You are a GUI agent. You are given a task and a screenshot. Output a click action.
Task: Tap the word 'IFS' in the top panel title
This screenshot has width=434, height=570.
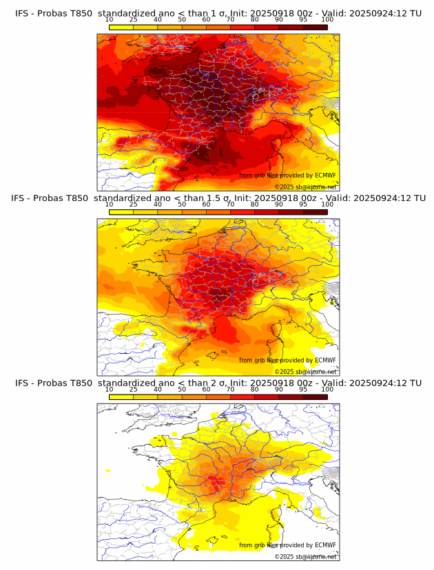point(23,13)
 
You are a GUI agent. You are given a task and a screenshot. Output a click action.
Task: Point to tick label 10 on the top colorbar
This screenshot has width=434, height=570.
point(110,20)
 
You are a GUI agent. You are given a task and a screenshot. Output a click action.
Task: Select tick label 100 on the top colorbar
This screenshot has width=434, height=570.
point(327,20)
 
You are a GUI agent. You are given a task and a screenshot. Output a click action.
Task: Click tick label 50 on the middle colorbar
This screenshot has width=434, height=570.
point(182,204)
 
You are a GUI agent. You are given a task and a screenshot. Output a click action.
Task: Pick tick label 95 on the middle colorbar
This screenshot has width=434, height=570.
point(303,204)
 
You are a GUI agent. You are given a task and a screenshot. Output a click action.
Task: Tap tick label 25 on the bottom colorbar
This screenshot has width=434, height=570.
point(134,390)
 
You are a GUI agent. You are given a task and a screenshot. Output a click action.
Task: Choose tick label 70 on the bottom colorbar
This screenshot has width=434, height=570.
point(230,390)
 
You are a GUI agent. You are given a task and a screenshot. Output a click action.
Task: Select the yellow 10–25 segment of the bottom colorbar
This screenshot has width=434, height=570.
point(121,397)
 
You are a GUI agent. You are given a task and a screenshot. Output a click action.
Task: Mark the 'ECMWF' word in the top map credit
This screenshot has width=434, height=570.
point(325,176)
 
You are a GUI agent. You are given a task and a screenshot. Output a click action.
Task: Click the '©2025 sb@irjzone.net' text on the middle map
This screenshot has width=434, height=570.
point(305,372)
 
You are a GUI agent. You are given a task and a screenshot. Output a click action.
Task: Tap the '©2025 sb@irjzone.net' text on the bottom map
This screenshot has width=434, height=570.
point(305,556)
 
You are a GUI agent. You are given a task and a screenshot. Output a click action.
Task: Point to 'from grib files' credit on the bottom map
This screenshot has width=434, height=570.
point(258,545)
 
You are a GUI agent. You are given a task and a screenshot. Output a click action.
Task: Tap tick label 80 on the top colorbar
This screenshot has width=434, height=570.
point(255,20)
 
